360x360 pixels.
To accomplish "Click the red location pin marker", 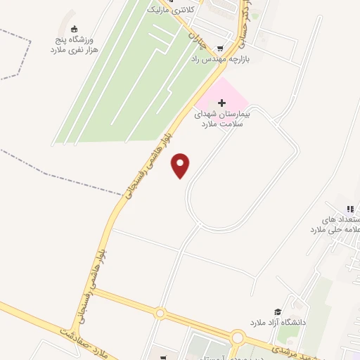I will pyautogui.click(x=181, y=165).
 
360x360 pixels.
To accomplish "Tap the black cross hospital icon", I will pyautogui.click(x=223, y=103).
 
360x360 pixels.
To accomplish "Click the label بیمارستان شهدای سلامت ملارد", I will pyautogui.click(x=223, y=118).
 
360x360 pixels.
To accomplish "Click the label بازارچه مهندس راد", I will pyautogui.click(x=221, y=60).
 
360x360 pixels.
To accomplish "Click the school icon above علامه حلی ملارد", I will pyautogui.click(x=349, y=208).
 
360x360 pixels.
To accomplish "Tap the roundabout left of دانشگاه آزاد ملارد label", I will pyautogui.click(x=161, y=313).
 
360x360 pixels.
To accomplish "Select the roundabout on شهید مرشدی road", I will pyautogui.click(x=238, y=338).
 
